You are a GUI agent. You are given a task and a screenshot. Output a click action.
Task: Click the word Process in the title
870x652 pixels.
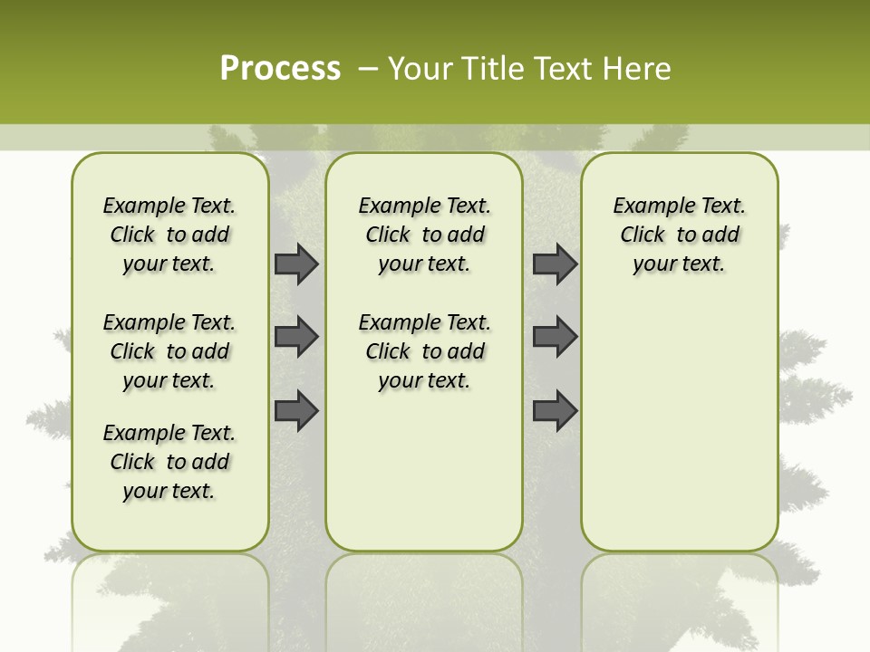point(280,69)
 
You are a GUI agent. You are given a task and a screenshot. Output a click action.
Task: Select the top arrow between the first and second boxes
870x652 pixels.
point(296,264)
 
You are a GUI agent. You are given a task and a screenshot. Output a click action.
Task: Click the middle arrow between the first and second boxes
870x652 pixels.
point(296,337)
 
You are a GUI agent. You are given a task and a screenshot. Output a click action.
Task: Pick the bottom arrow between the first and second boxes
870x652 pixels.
point(296,410)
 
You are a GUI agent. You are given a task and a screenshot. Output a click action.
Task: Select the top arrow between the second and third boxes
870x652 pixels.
point(555,264)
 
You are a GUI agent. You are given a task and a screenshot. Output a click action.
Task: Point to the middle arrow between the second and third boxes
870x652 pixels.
point(555,337)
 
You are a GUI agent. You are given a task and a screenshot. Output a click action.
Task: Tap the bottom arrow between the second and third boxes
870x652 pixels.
point(555,410)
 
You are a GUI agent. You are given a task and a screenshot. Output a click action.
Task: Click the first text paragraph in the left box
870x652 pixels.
point(169,235)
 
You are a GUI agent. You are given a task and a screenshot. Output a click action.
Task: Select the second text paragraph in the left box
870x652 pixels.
point(169,351)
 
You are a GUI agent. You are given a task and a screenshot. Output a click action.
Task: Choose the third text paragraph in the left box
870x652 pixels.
point(169,462)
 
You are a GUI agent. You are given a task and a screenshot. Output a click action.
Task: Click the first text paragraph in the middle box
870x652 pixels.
point(425,235)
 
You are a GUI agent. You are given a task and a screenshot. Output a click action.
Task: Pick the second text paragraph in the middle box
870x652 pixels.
point(425,351)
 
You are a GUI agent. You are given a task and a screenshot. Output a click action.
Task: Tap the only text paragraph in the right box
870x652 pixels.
point(680,235)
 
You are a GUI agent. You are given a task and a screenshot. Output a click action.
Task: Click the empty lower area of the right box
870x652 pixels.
point(680,417)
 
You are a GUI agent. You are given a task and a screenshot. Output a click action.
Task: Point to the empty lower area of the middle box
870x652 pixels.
point(424,471)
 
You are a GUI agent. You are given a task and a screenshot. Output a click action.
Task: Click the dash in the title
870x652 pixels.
point(368,69)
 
